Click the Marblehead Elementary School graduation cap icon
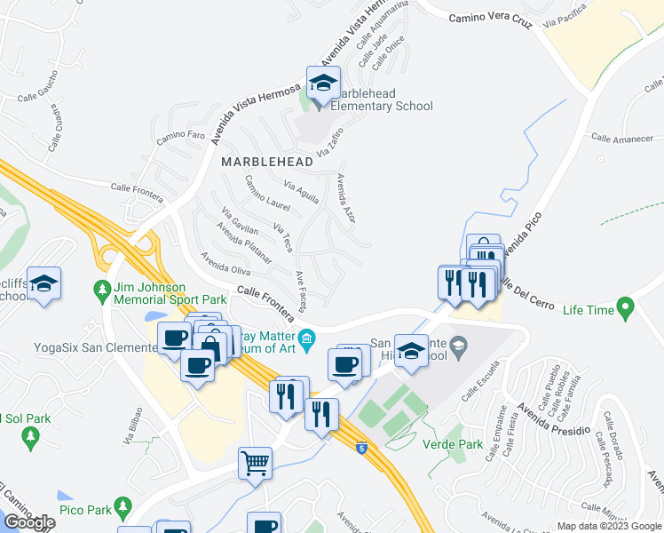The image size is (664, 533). (x=320, y=84)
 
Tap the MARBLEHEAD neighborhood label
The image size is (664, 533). (x=266, y=162)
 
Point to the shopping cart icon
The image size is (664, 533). (x=255, y=462)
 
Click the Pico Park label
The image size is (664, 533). (x=85, y=510)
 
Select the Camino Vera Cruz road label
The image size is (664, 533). (x=490, y=19)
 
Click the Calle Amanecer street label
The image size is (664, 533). (x=622, y=139)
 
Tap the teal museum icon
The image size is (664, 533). (x=307, y=337)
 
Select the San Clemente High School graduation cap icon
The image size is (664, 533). (x=410, y=349)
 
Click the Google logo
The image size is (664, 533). (x=29, y=521)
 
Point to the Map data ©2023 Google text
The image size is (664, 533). (x=609, y=526)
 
